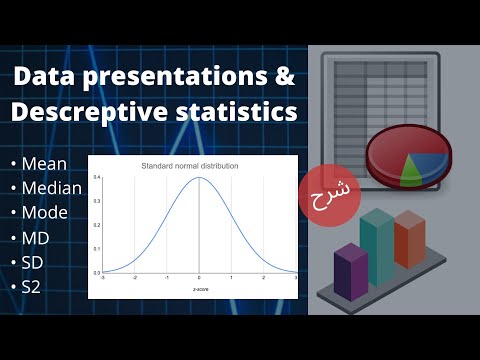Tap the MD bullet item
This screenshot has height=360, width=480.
36,239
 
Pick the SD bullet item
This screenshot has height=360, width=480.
34,264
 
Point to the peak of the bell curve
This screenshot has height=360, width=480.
199,179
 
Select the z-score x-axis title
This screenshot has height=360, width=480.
199,289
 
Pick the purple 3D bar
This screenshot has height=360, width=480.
350,271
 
